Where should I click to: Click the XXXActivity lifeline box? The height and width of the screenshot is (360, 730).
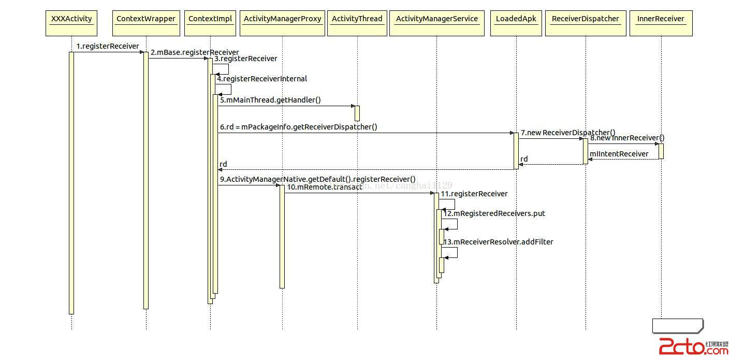click(71, 23)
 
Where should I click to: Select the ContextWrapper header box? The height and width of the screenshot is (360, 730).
click(146, 23)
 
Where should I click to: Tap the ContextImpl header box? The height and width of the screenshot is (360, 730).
click(210, 23)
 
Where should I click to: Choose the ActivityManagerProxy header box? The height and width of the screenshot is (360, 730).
click(282, 23)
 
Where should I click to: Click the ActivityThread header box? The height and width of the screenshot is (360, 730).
click(357, 23)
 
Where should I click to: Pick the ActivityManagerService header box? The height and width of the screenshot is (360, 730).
click(436, 23)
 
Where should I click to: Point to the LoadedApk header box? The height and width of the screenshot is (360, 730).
click(516, 23)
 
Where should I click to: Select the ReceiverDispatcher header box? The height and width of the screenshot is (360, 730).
click(586, 23)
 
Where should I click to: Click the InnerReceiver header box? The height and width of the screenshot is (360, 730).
click(661, 23)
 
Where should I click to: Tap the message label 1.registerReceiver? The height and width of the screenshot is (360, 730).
click(108, 46)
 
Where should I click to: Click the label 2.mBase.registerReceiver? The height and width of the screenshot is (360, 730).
click(195, 52)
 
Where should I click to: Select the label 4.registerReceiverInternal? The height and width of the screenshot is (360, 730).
click(262, 79)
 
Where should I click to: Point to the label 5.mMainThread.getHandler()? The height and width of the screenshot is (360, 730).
click(270, 100)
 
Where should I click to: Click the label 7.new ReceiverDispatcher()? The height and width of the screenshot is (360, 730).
click(568, 133)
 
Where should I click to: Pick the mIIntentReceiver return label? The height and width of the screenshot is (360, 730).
click(619, 154)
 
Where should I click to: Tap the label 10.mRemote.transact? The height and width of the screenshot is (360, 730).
click(324, 187)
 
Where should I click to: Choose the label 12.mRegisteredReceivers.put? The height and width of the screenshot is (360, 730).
click(494, 213)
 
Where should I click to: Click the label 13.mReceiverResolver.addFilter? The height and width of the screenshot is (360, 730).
click(498, 242)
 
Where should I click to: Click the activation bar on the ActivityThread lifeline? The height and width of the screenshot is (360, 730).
click(357, 113)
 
